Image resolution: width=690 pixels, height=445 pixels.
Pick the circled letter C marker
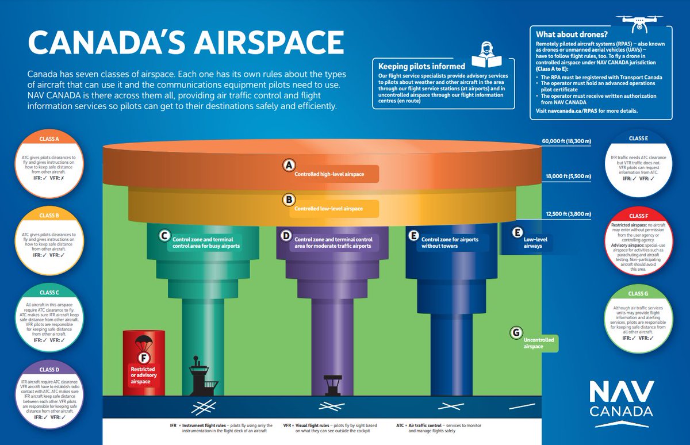(x=164, y=235)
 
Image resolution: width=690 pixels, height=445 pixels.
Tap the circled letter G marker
(x=516, y=332)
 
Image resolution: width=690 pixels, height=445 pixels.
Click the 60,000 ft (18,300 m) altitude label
(x=566, y=140)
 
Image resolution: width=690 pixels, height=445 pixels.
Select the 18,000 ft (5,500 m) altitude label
(x=566, y=177)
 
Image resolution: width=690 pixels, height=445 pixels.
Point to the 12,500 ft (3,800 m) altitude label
(x=566, y=214)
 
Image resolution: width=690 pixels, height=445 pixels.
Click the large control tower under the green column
(x=198, y=380)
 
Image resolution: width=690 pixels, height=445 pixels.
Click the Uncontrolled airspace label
(x=539, y=343)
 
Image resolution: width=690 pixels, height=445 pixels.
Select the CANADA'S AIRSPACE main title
(x=186, y=44)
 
